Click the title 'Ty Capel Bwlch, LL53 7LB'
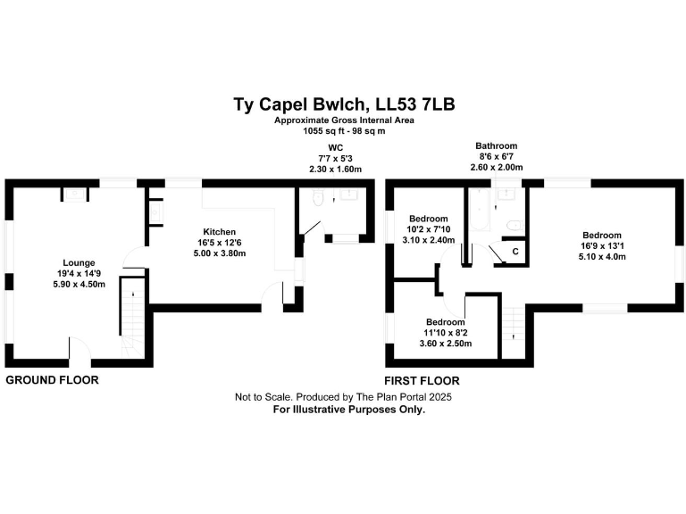(x=344, y=104)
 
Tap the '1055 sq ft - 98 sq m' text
(x=344, y=131)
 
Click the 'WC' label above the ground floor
(x=335, y=146)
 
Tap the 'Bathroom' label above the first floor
(x=496, y=146)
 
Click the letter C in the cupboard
(x=514, y=253)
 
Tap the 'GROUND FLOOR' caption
(x=52, y=380)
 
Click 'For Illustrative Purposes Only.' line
(x=348, y=410)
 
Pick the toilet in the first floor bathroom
(x=513, y=225)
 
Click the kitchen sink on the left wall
(x=155, y=213)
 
